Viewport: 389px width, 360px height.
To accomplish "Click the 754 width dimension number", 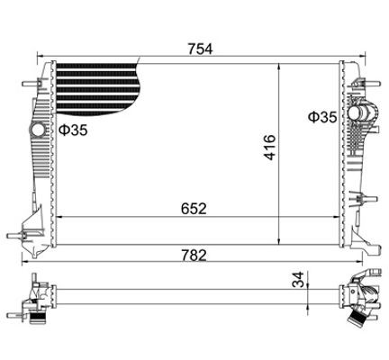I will (200, 49).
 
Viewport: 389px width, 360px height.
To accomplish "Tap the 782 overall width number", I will (194, 256).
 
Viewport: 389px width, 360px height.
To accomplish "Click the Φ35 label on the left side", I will (73, 131).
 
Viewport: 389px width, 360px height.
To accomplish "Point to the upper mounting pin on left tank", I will (23, 85).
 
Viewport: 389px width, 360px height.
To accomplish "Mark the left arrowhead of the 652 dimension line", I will (60, 216).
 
